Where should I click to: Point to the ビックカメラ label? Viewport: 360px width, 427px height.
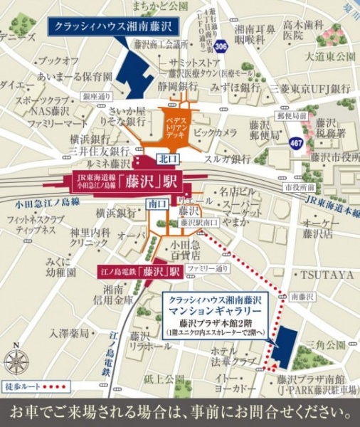tap(216, 133)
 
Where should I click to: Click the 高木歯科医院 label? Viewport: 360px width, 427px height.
tap(302, 28)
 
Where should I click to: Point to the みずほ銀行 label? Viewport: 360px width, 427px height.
tap(235, 88)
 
